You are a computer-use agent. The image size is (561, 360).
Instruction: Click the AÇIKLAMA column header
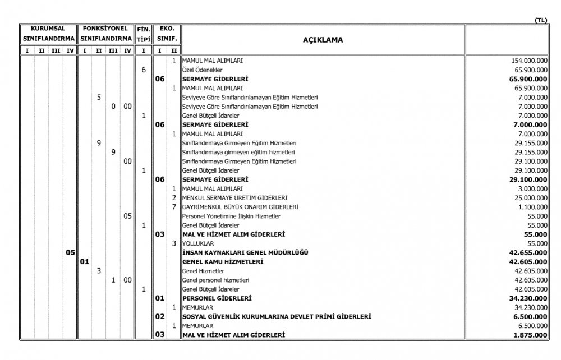323,40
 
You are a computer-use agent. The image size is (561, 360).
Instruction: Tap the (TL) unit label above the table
541,20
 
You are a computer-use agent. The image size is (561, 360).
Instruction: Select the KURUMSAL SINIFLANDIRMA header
48,33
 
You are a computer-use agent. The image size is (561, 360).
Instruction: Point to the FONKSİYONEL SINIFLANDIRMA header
105,33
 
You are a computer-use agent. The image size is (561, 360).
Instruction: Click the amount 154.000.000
526,61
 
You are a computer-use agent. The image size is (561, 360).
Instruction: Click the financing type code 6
144,70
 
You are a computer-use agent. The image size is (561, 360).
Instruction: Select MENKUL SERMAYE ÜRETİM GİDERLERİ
236,197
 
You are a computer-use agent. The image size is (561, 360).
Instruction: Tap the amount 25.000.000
530,197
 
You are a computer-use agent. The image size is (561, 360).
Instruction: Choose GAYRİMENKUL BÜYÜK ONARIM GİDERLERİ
241,206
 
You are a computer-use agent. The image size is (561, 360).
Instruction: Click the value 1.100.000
531,206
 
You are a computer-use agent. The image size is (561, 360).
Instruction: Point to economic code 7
174,206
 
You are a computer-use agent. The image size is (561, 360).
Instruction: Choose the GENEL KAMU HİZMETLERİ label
223,261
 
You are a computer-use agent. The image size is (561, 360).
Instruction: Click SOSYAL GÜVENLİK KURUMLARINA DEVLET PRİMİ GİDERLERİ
277,316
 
